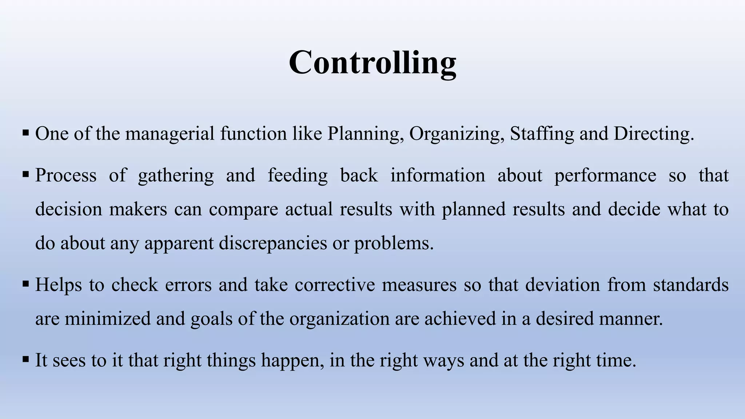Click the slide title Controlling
(x=372, y=63)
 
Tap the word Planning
(x=365, y=134)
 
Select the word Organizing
(x=457, y=134)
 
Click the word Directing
(x=654, y=134)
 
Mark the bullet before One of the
(x=25, y=133)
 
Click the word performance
(x=605, y=176)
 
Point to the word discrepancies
(x=273, y=243)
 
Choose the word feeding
(x=298, y=176)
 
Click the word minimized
(x=107, y=319)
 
